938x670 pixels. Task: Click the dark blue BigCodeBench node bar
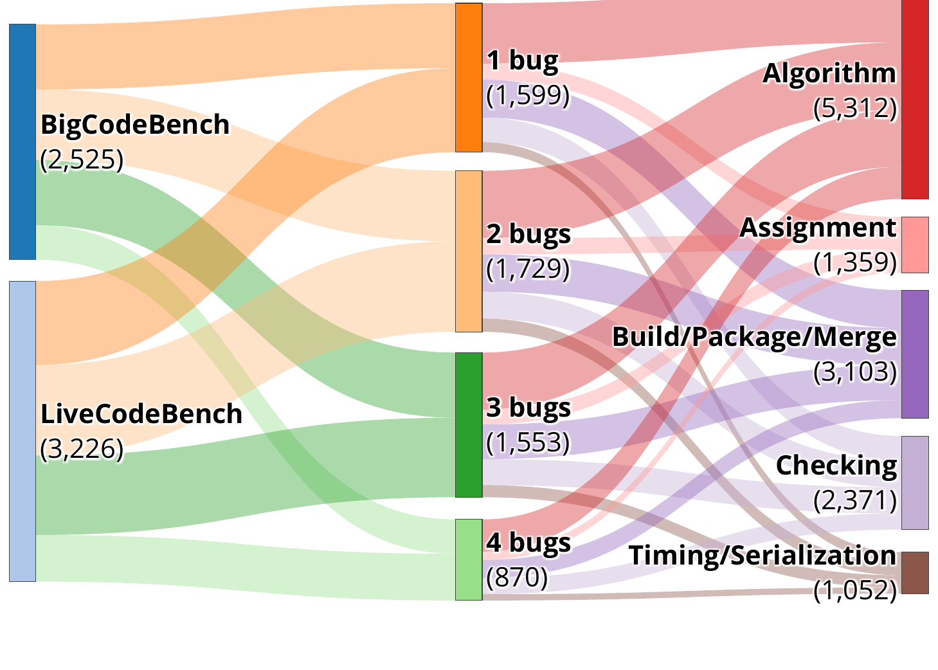23,141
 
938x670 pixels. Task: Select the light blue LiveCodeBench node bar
23,431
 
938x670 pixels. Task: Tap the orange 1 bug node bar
469,77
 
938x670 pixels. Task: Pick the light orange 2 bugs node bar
469,251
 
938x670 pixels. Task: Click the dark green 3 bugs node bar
469,424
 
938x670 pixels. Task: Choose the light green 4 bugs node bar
469,559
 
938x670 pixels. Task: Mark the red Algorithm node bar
915,100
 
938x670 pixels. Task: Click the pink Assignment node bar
915,245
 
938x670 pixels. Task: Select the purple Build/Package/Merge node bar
915,354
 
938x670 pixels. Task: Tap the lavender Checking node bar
915,482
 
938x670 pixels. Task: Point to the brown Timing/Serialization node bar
915,572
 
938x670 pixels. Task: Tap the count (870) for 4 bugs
517,577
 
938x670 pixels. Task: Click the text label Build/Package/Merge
753,337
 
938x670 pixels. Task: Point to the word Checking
836,466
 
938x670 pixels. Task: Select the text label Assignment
817,228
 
